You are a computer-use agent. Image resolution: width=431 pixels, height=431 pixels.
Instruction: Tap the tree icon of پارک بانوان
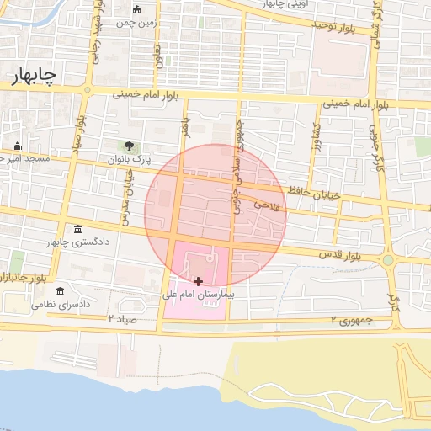tap(129, 146)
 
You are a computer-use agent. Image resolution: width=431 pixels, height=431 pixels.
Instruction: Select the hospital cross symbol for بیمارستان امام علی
tap(198, 281)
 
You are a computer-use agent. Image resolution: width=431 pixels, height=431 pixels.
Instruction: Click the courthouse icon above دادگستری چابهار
tap(78, 230)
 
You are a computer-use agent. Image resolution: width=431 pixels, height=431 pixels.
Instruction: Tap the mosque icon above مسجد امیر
tap(16, 146)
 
